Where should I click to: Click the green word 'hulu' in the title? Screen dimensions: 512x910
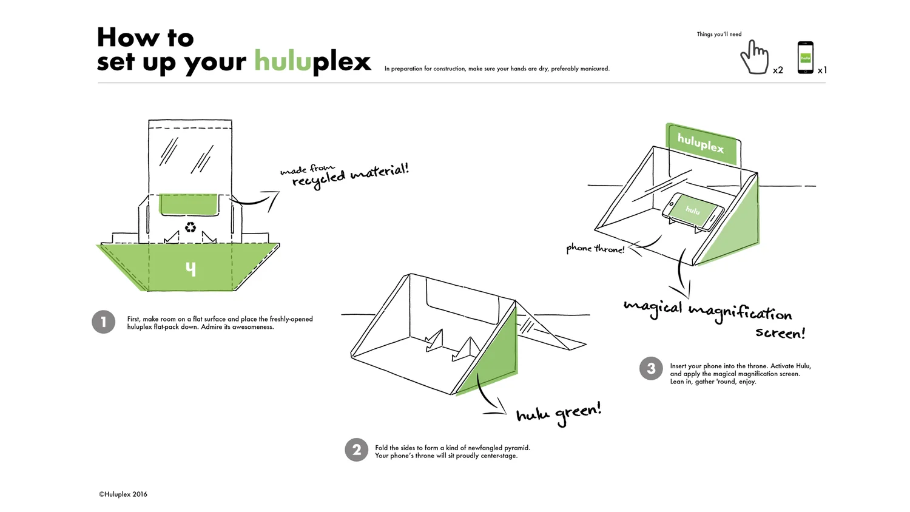(x=282, y=61)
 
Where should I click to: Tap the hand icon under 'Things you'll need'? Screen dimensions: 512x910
(x=754, y=58)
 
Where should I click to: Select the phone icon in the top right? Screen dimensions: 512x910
(x=805, y=58)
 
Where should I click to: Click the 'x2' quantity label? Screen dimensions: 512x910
(x=778, y=70)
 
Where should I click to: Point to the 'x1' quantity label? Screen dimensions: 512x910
(x=822, y=70)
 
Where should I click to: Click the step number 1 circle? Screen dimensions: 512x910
(x=104, y=322)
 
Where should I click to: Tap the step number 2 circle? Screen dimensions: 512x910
(x=357, y=450)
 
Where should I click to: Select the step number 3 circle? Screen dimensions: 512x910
(x=651, y=368)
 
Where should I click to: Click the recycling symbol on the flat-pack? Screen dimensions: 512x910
(x=190, y=227)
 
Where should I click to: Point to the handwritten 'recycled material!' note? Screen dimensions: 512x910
(x=350, y=175)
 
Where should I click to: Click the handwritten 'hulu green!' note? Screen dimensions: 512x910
(x=558, y=413)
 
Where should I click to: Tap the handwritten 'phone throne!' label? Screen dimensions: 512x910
(x=595, y=248)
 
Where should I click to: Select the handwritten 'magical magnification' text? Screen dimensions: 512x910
(x=707, y=311)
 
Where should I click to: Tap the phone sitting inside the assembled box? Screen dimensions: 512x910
(x=693, y=211)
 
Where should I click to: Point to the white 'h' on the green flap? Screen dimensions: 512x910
(x=191, y=268)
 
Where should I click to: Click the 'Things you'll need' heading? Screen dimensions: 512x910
(x=719, y=34)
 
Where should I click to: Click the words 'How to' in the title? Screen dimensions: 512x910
(x=146, y=38)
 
